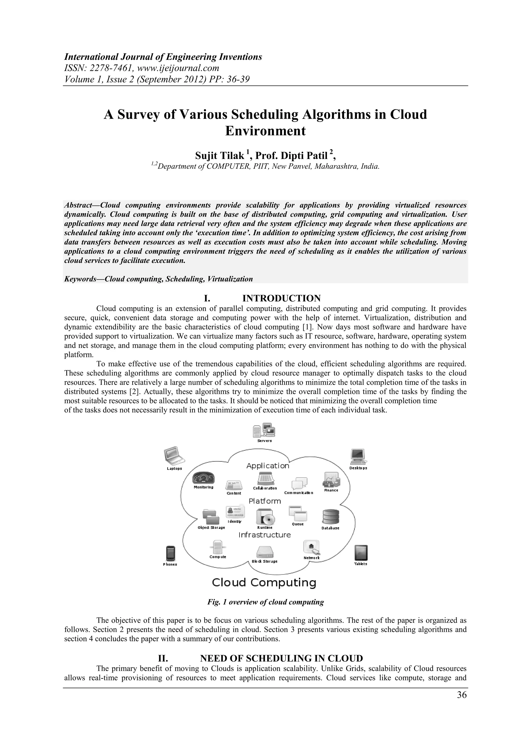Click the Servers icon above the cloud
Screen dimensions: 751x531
[x=264, y=430]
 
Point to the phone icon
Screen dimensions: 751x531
[x=170, y=553]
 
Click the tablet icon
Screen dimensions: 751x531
[x=361, y=553]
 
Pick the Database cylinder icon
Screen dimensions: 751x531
[x=330, y=517]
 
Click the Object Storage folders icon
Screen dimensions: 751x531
[x=211, y=517]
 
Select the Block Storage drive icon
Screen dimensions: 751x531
[x=265, y=552]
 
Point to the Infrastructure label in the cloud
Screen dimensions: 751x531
[x=264, y=535]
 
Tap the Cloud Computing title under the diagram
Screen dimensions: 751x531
[x=264, y=582]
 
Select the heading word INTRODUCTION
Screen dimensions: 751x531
[x=281, y=298]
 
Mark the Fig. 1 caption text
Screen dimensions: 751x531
[x=265, y=602]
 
